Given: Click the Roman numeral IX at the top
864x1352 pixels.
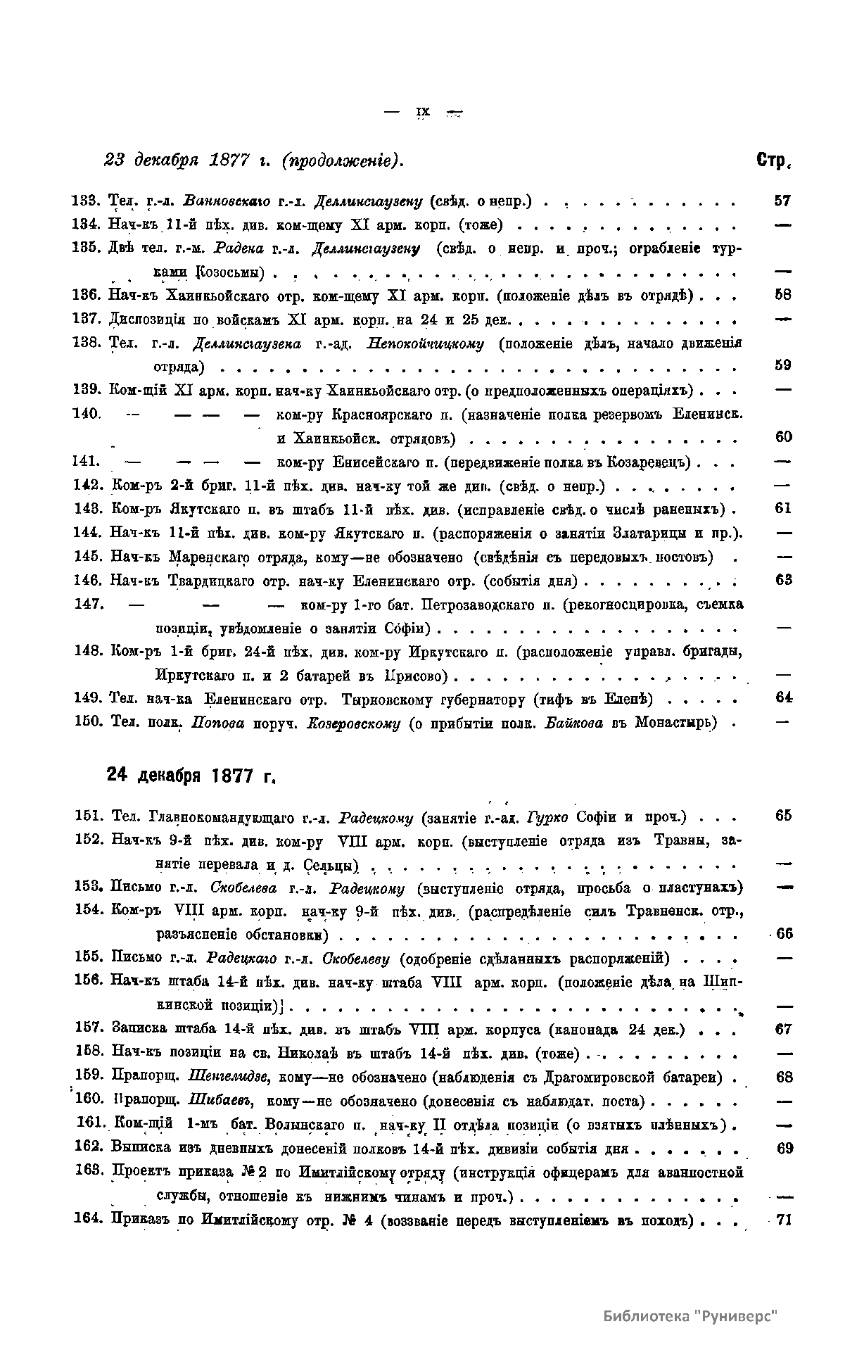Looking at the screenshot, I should (423, 111).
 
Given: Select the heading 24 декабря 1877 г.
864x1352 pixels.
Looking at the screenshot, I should (189, 776).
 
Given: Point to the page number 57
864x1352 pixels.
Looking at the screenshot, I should (782, 201).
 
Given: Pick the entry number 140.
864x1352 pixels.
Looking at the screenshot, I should (87, 413).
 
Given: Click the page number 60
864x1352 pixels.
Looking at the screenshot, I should (783, 437).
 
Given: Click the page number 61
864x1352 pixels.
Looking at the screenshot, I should (783, 508).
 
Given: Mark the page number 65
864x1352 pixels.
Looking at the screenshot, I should (783, 816).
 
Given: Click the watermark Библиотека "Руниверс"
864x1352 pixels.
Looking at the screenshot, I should (692, 1315).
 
